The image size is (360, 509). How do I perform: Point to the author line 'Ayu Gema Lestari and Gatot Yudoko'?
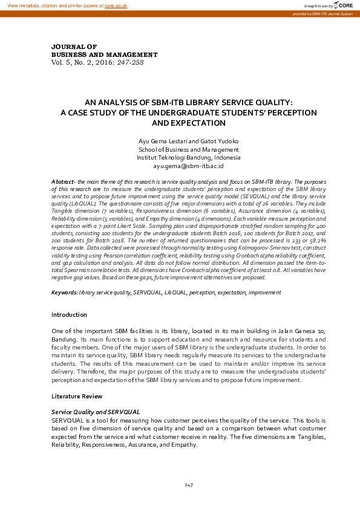(x=189, y=141)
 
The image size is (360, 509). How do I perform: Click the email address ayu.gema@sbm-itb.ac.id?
(x=189, y=166)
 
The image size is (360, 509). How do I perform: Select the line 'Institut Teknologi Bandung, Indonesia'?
(x=189, y=158)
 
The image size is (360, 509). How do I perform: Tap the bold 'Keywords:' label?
(x=65, y=293)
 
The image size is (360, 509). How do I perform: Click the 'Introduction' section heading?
(x=69, y=314)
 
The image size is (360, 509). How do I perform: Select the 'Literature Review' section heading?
(x=77, y=396)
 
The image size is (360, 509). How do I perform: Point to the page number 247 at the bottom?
(x=189, y=485)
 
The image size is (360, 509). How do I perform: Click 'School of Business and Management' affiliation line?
(x=189, y=149)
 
